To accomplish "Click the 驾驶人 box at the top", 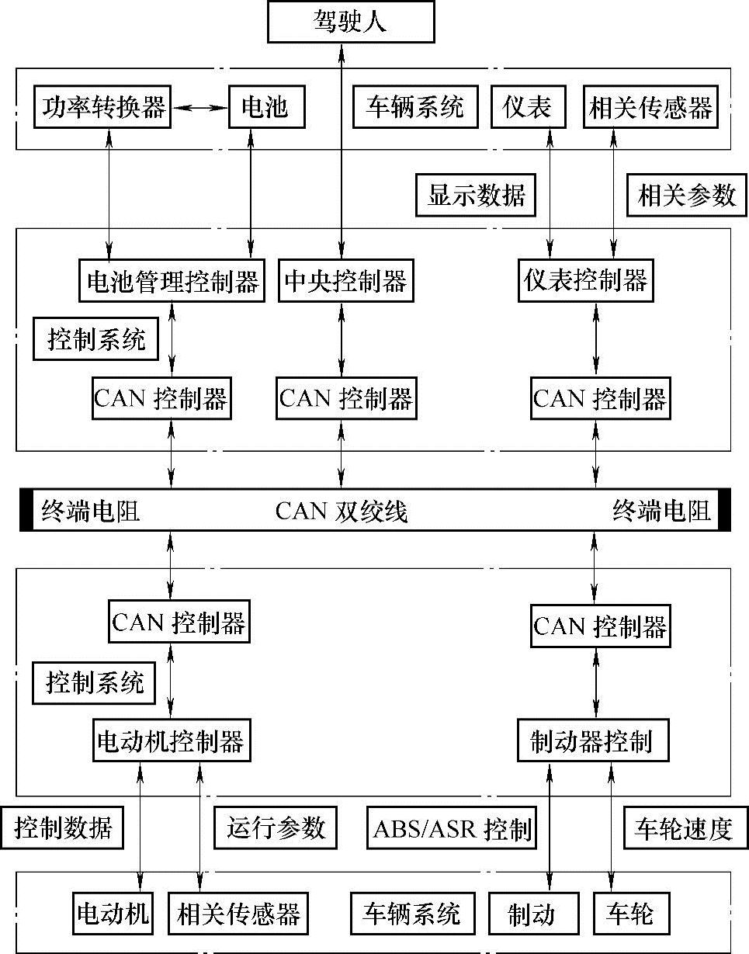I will coord(351,22).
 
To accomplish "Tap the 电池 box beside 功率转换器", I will coord(265,106).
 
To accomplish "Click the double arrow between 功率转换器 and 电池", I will coord(199,107).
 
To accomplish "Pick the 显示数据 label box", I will coord(475,195).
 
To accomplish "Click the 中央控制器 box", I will coord(345,280).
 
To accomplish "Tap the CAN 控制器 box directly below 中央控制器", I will coord(345,399).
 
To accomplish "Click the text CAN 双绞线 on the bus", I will coord(342,512).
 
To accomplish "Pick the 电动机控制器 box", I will coord(170,741).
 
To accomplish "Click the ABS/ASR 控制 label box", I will coord(453,829).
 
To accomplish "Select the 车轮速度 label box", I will coord(684,829).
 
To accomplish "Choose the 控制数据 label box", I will coord(63,829).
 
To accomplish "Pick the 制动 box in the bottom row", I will coord(533,914).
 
